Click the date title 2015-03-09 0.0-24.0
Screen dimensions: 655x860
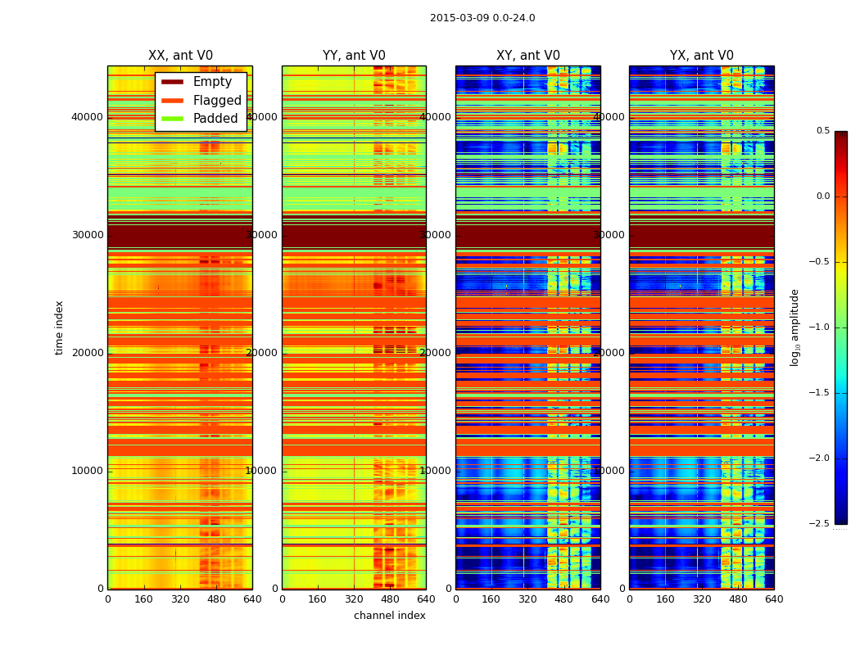tap(482, 18)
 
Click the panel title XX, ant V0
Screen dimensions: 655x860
tap(180, 56)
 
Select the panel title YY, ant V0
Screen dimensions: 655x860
tap(354, 56)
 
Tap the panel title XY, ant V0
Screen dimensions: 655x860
tap(528, 56)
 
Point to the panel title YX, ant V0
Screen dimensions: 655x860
tap(702, 56)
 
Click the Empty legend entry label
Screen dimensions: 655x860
tap(212, 82)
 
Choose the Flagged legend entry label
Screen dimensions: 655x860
tap(217, 101)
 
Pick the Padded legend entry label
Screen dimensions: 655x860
tap(215, 119)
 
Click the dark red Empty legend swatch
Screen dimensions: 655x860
tap(172, 82)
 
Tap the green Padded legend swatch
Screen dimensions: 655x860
tap(172, 119)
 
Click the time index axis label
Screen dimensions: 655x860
tap(59, 327)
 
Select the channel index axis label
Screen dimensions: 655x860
tap(390, 616)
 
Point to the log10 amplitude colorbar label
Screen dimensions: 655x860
tap(794, 327)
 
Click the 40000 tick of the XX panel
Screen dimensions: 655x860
tap(88, 117)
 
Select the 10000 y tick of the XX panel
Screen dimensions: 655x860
tap(88, 471)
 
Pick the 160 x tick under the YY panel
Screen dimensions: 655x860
tap(318, 599)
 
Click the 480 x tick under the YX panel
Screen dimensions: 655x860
tap(738, 599)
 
